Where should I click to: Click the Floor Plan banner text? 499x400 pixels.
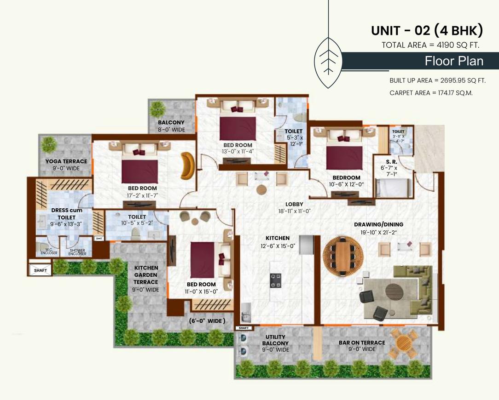coord(453,61)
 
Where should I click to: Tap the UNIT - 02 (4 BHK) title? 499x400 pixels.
coord(427,31)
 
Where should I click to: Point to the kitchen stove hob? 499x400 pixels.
coord(276,280)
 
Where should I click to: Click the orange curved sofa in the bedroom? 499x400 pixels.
coord(188,166)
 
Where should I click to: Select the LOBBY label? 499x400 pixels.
coord(294,204)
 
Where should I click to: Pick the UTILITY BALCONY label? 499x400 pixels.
coord(275,343)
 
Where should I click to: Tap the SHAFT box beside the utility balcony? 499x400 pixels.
coord(244,328)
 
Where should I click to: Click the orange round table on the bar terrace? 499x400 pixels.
coord(404,342)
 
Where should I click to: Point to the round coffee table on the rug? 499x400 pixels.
coord(394,291)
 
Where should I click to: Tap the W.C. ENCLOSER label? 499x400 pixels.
coord(49,251)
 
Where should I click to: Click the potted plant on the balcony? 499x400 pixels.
coord(158,109)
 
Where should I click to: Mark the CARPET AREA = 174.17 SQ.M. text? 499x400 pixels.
coord(431,92)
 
